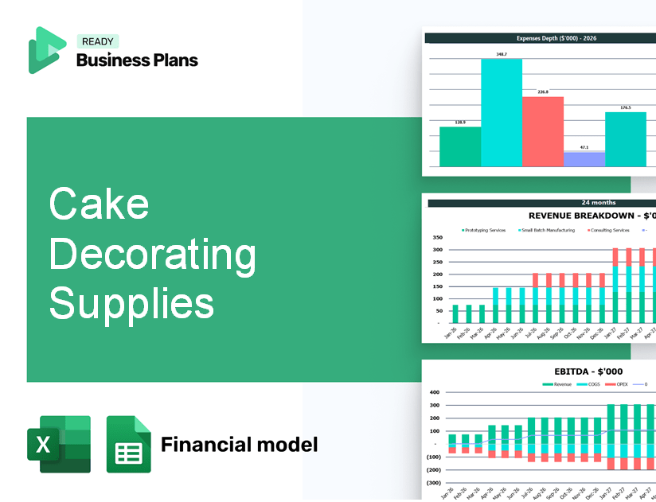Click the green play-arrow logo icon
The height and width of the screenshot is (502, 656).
(46, 50)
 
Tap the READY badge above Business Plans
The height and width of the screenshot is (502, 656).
(97, 42)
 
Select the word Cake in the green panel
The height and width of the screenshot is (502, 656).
(99, 204)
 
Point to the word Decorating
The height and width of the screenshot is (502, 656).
(152, 254)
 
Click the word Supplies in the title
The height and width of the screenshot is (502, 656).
(131, 303)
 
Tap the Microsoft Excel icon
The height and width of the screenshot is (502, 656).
(59, 445)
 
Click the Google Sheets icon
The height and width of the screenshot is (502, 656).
(128, 445)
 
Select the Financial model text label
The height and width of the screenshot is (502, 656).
(239, 444)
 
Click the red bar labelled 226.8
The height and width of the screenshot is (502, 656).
(542, 131)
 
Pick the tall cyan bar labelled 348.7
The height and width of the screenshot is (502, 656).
(502, 112)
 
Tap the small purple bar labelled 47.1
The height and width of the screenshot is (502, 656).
(584, 159)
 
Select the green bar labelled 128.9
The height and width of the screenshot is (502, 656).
(460, 146)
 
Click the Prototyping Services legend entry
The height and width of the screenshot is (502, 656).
(485, 230)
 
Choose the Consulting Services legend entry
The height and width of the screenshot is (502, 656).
(610, 230)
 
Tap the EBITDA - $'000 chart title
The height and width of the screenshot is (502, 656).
(588, 371)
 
